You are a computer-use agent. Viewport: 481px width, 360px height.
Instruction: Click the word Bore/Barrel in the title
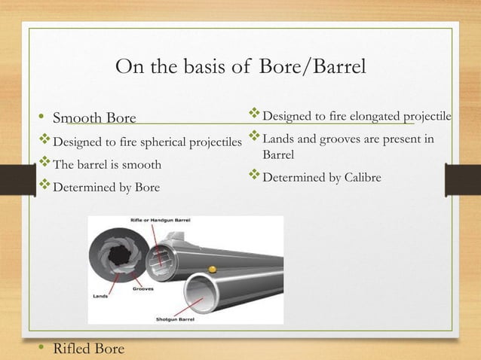point(312,67)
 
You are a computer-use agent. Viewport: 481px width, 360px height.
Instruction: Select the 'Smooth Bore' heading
point(93,117)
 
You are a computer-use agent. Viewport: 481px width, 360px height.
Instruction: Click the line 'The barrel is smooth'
point(106,164)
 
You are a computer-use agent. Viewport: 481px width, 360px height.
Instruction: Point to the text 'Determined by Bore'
point(106,188)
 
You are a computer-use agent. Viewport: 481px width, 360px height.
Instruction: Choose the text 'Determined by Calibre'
point(322,178)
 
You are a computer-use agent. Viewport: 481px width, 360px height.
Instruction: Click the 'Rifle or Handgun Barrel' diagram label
point(161,220)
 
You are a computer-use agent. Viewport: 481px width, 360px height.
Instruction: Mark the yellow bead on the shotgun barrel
point(212,268)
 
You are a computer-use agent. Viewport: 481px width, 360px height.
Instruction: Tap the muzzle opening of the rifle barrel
point(162,260)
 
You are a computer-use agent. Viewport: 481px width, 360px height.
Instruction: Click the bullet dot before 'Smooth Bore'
point(42,118)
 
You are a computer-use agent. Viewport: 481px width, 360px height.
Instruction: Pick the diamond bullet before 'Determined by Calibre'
point(253,177)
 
